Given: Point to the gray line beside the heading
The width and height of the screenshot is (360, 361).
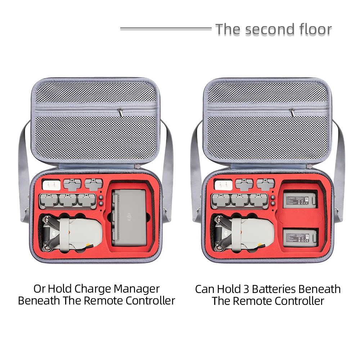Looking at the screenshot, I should (166, 28).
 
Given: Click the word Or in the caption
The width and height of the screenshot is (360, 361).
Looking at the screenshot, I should (40, 288).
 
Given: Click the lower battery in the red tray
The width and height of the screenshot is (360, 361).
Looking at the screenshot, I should (301, 237).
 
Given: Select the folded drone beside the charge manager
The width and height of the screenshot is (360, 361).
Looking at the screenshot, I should (70, 234).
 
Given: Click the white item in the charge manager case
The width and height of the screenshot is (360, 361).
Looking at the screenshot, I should (50, 185).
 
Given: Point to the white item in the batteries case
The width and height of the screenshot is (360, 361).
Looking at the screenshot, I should (222, 185).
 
